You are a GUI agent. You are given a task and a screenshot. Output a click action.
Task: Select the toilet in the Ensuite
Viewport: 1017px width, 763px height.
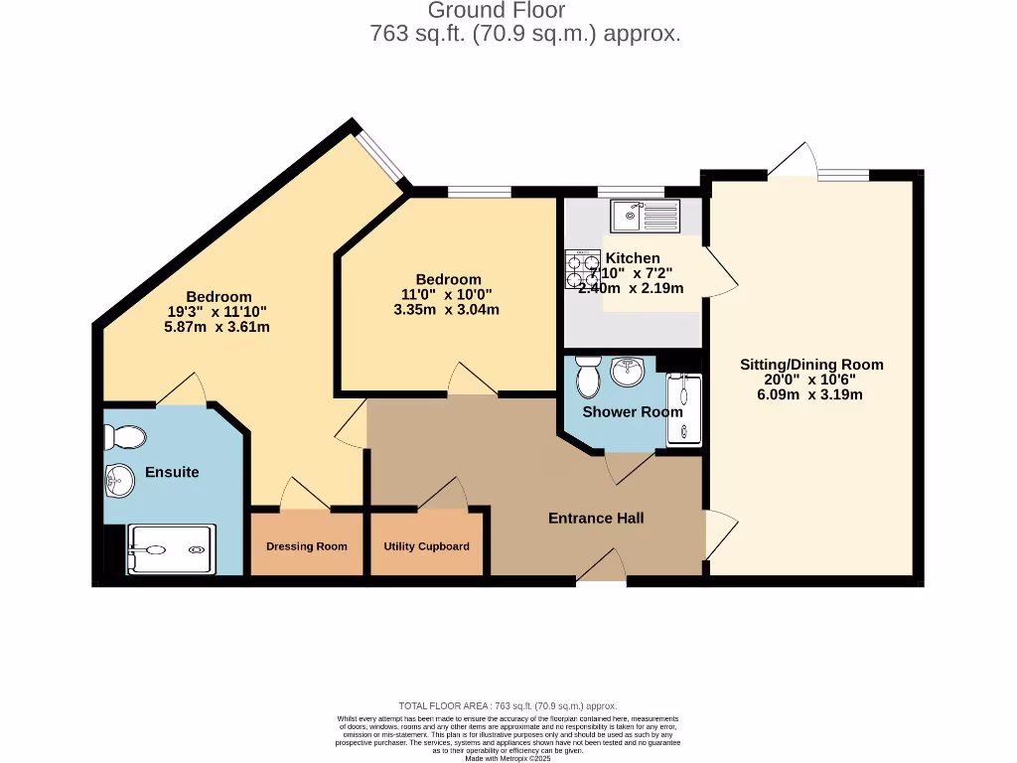tap(126, 436)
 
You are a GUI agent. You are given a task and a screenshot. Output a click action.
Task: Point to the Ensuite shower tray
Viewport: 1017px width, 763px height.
tap(171, 549)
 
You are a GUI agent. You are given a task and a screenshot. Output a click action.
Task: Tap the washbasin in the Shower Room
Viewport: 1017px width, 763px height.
tap(628, 373)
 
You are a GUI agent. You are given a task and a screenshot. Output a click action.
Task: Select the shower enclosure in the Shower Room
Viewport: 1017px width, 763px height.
tap(683, 409)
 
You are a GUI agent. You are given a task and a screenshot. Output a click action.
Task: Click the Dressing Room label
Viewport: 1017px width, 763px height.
tap(306, 546)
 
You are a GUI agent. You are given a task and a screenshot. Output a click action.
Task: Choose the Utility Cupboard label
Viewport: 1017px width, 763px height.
tap(427, 546)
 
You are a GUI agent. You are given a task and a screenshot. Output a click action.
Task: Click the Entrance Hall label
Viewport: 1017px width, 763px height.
tap(596, 518)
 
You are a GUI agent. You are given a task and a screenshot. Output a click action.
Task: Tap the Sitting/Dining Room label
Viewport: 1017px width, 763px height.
tap(811, 365)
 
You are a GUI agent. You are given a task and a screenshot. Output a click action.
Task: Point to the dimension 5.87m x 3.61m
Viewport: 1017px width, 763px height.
tap(218, 326)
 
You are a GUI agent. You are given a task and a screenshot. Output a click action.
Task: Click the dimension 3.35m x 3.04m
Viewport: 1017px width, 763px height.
tap(447, 309)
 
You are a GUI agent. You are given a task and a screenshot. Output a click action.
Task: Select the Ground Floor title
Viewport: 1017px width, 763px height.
tap(496, 11)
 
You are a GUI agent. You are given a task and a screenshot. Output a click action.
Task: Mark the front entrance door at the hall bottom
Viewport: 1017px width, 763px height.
tap(601, 571)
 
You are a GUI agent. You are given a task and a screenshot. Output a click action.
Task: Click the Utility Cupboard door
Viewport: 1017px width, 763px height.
tap(444, 494)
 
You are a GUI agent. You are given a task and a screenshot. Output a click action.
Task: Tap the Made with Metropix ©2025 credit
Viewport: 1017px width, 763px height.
tap(508, 758)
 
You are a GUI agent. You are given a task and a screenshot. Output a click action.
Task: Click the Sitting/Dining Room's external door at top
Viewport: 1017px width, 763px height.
tap(795, 162)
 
